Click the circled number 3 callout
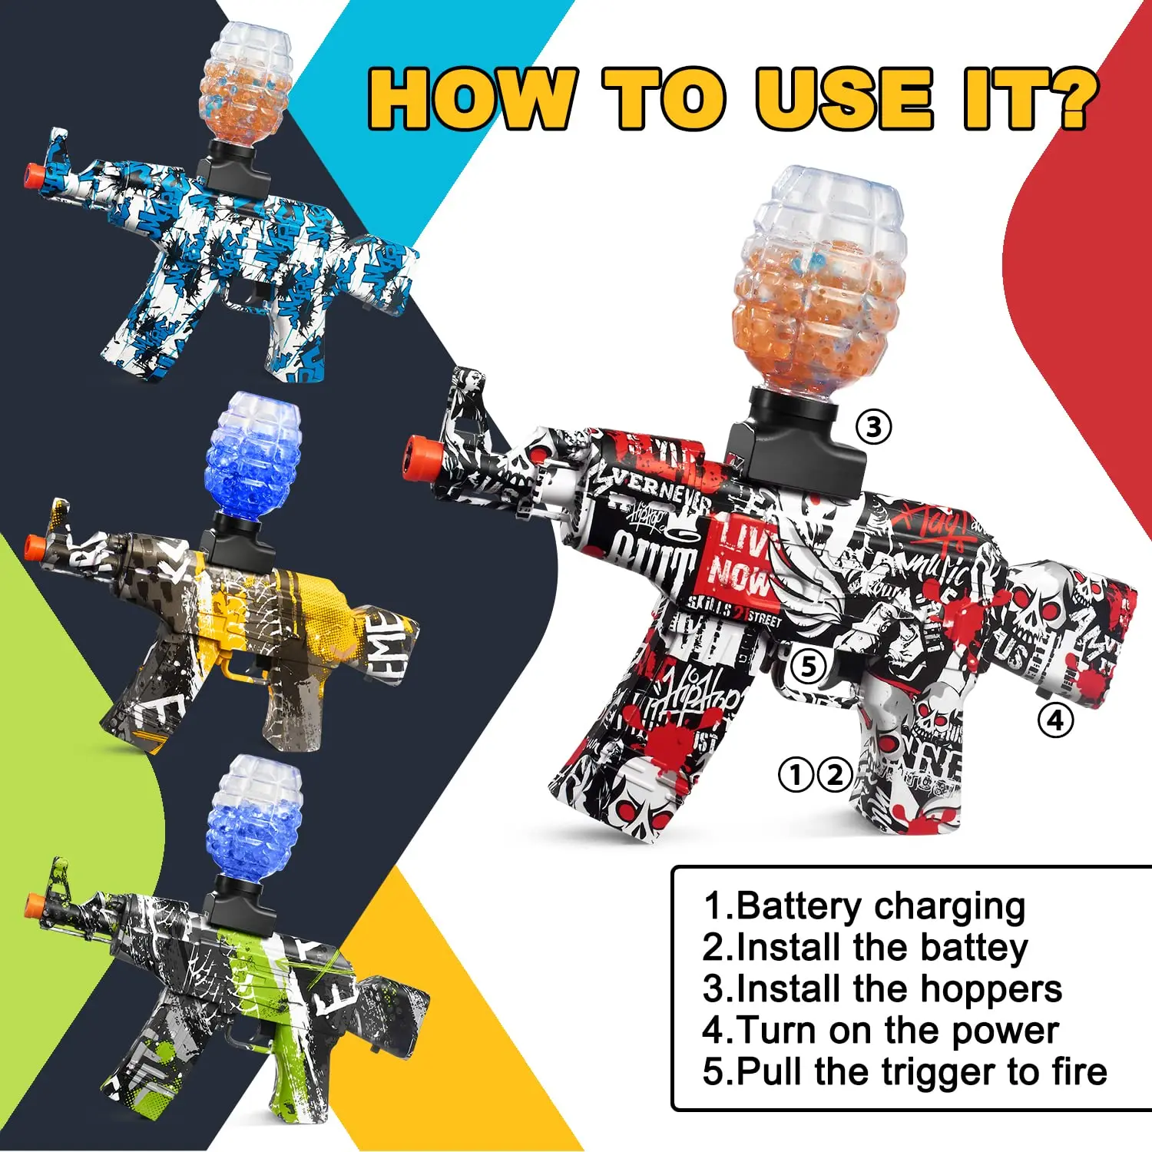point(874,426)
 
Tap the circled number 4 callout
point(1055,720)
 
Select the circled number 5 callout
point(808,666)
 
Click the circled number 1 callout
point(796,775)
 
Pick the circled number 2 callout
point(835,775)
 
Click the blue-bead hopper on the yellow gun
point(253,457)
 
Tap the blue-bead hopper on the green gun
point(254,818)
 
